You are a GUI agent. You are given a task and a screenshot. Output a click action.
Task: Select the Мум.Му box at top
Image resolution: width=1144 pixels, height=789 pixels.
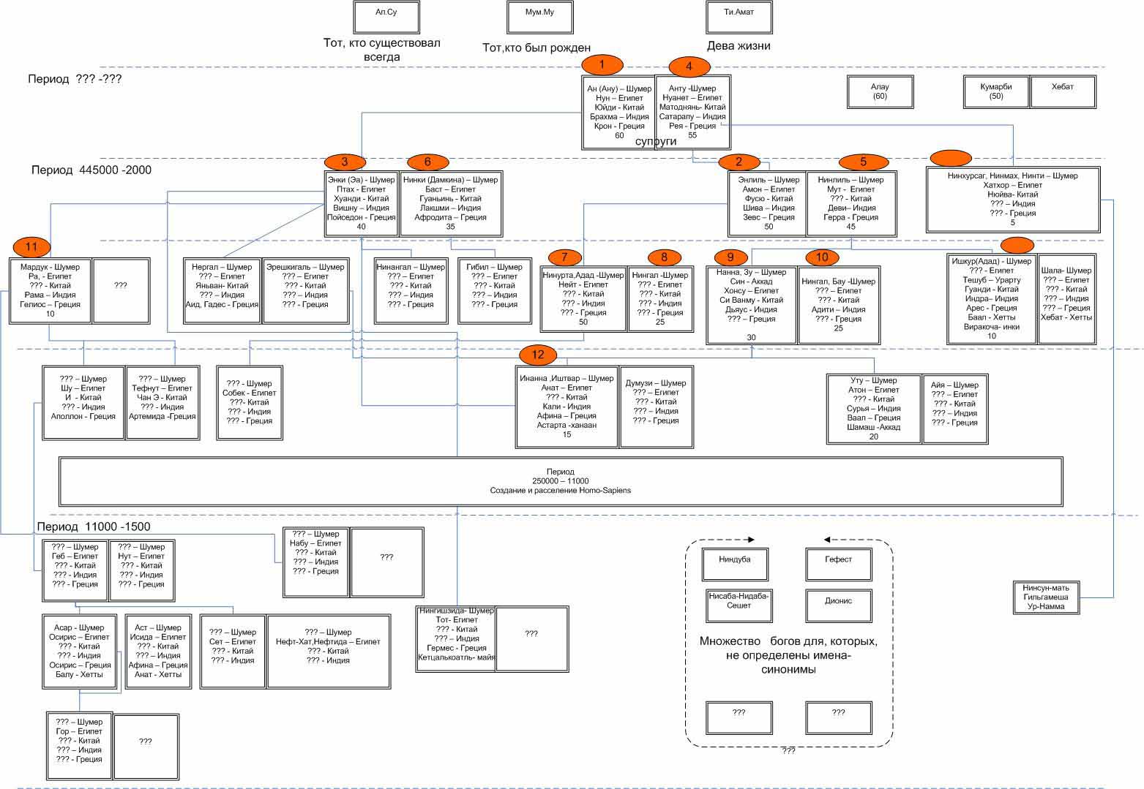[x=539, y=17]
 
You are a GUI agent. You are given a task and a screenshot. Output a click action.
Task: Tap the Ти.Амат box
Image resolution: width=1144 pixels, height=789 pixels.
[x=739, y=17]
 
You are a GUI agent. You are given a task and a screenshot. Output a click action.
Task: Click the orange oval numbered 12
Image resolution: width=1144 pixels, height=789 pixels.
[x=538, y=355]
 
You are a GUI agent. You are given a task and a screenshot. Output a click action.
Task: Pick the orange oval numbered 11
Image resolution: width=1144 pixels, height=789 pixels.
[x=31, y=246]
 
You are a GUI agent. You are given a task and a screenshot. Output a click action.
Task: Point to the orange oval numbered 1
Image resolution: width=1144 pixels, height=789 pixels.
[x=602, y=65]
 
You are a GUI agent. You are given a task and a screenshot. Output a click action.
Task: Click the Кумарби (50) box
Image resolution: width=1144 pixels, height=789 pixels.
[x=995, y=91]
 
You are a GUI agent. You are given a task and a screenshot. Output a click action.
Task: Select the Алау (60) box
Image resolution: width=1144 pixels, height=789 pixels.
[x=879, y=91]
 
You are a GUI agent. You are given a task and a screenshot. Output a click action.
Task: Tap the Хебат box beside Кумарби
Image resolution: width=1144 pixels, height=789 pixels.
[x=1063, y=91]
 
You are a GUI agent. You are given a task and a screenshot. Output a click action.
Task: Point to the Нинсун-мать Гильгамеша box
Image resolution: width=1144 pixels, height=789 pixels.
[x=1046, y=597]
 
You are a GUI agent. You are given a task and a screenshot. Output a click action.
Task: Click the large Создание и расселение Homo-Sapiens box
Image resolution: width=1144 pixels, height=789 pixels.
[x=560, y=481]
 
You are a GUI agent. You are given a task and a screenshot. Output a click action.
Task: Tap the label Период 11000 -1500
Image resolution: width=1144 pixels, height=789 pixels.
[x=93, y=526]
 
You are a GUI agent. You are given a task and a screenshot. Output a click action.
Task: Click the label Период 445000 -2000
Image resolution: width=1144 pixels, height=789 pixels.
[x=91, y=170]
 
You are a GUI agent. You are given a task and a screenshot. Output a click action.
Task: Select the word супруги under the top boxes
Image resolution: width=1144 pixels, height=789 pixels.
[x=656, y=142]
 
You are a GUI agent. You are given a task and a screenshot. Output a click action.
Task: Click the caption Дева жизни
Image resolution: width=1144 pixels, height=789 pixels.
[x=738, y=46]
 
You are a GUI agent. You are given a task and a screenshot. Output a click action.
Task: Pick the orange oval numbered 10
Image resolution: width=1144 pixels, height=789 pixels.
[x=822, y=257]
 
